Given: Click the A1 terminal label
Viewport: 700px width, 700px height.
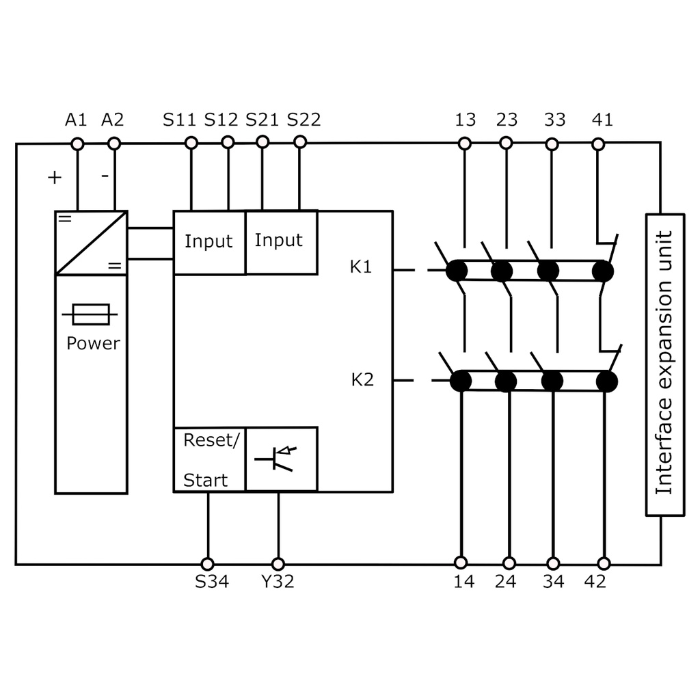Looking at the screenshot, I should click(x=76, y=120).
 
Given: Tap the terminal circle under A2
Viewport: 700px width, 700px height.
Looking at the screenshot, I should click(x=114, y=144).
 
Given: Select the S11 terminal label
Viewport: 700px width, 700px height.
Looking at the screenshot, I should click(x=179, y=120).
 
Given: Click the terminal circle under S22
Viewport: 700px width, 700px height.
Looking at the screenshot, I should click(x=299, y=142).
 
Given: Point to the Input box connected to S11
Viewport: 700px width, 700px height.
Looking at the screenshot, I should click(x=208, y=242).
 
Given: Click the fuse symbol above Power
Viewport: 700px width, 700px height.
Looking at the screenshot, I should click(x=90, y=315).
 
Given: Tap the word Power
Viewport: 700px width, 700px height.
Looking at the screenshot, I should click(x=93, y=343).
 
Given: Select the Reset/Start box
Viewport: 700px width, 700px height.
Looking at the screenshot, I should click(x=208, y=459).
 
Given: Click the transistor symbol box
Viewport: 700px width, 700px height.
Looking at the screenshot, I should click(x=281, y=459).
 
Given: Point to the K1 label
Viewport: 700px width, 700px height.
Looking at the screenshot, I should click(x=362, y=267).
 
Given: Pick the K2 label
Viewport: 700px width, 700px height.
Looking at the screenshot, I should click(x=362, y=379).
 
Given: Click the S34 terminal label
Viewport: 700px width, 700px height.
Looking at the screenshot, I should click(x=211, y=582).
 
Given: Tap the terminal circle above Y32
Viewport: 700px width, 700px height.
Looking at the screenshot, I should click(x=278, y=564).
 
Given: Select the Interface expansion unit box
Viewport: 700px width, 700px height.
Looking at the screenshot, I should click(x=664, y=364).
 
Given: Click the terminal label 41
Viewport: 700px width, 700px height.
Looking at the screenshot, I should click(x=602, y=120).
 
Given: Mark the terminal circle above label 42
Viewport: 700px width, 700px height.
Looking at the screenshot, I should click(x=604, y=563).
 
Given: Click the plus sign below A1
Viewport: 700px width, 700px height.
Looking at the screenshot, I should click(x=55, y=178).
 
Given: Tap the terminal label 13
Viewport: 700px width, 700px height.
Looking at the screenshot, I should click(x=465, y=120).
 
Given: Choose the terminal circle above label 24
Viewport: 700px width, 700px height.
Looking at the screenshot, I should click(x=509, y=563).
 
